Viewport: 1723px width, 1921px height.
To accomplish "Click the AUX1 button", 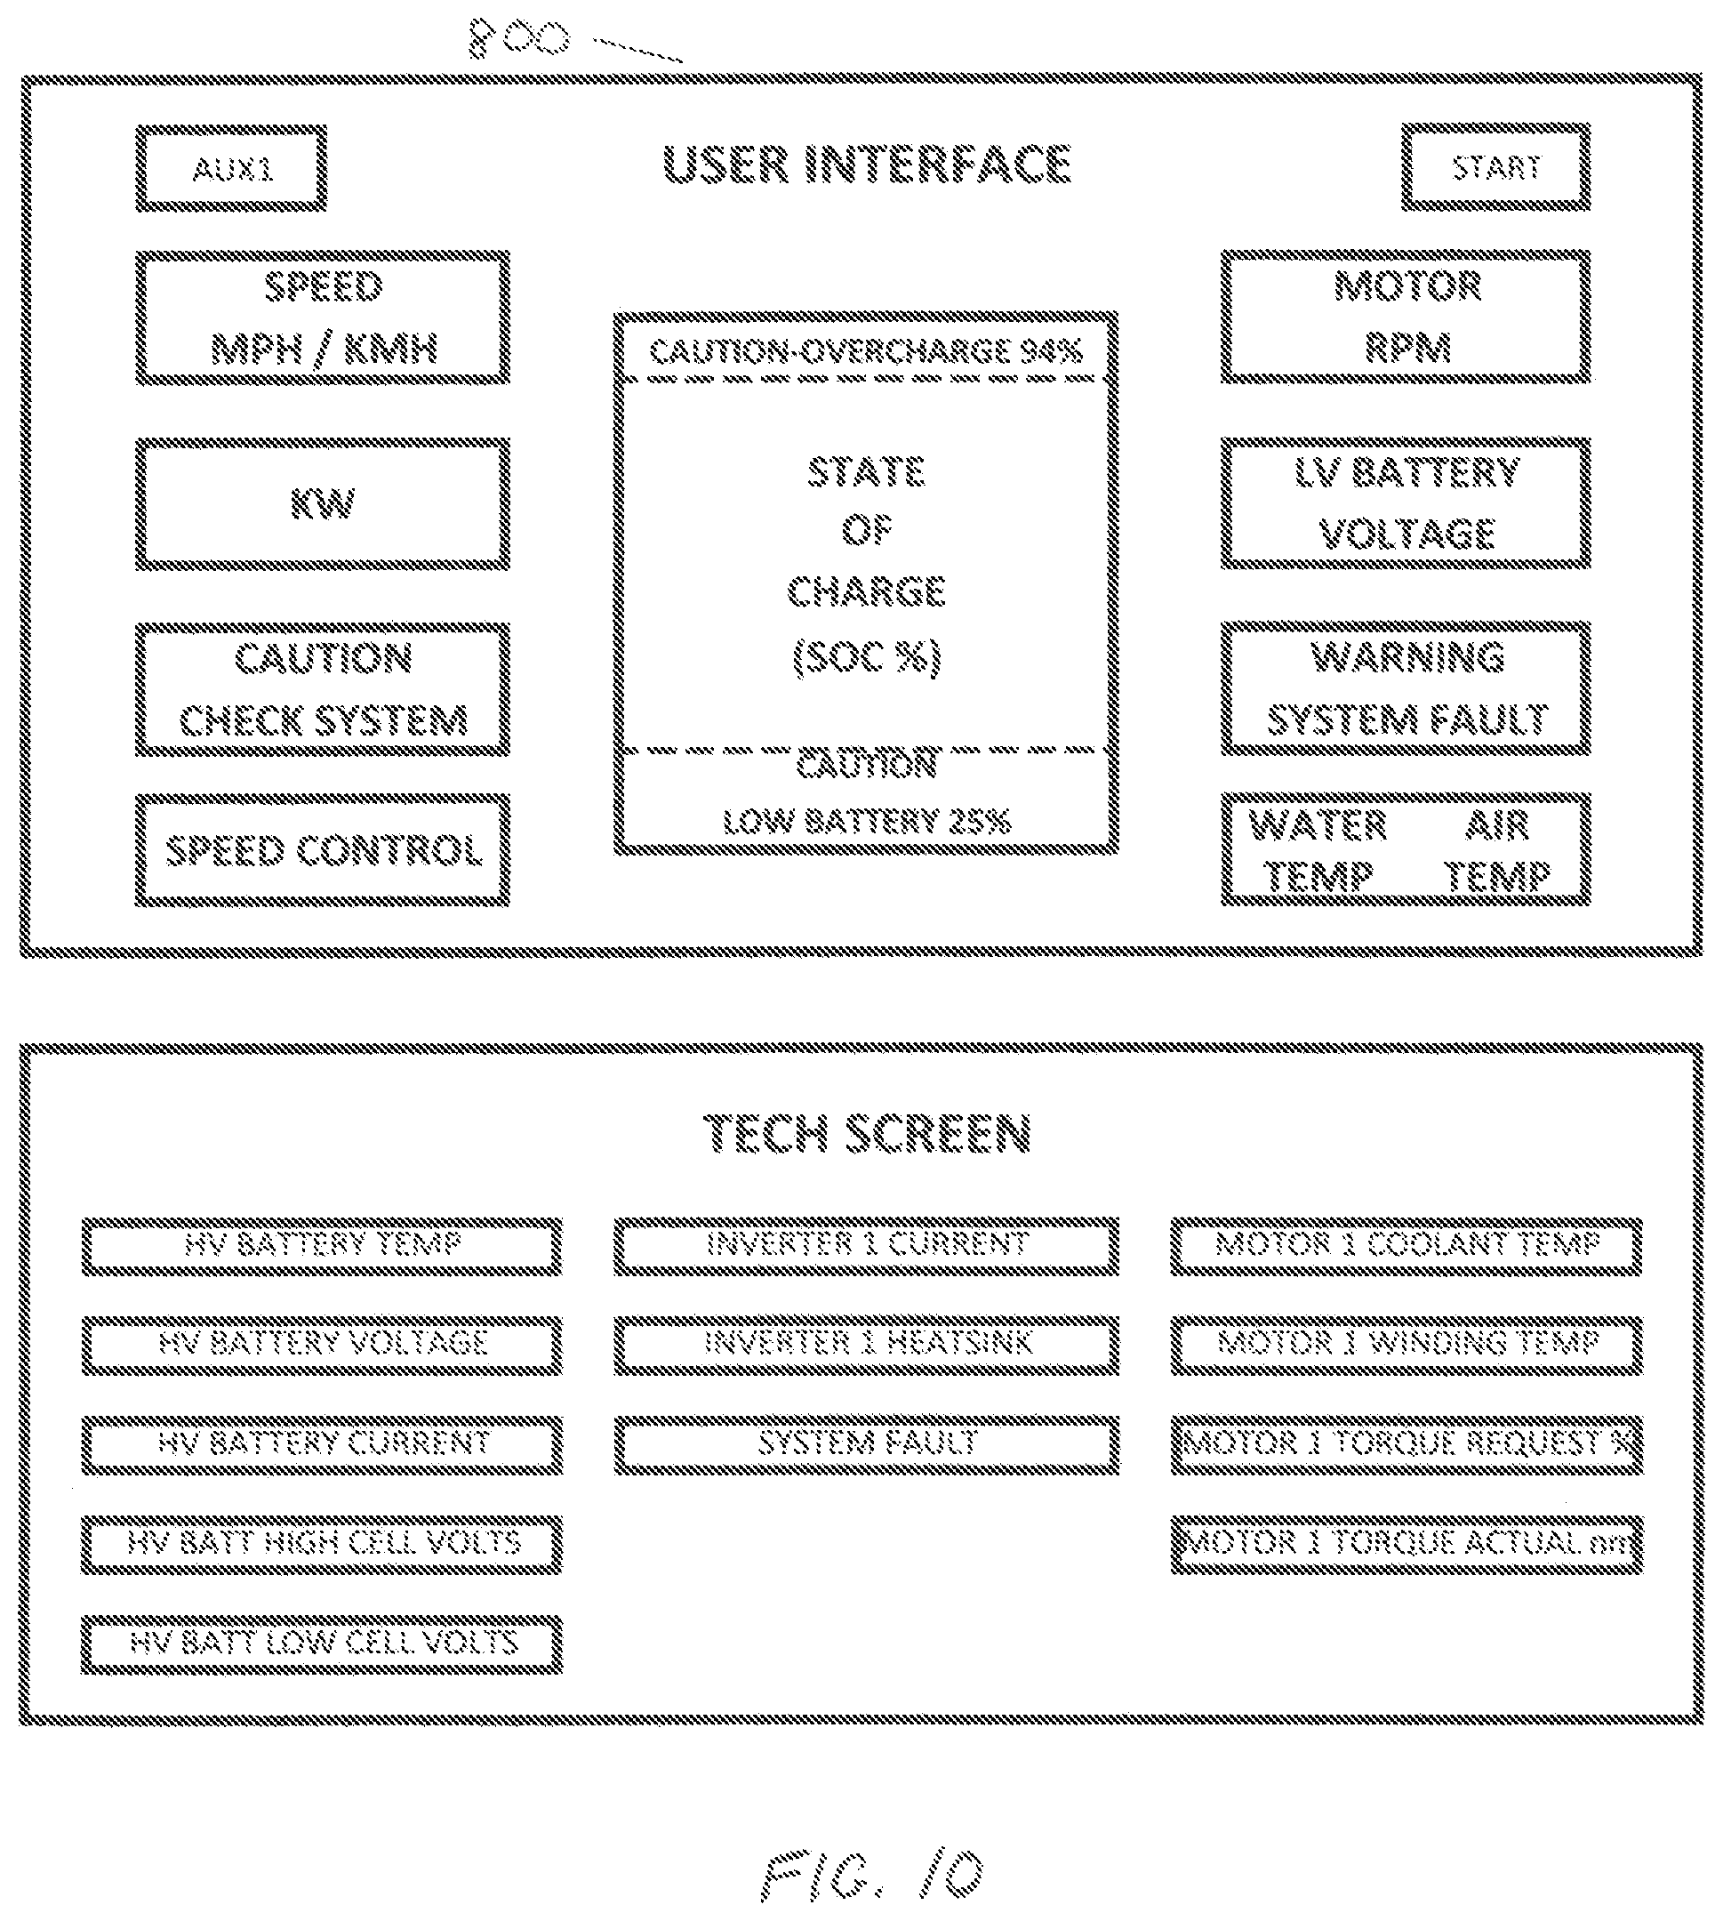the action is (232, 168).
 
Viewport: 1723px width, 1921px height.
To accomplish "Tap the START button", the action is (1495, 166).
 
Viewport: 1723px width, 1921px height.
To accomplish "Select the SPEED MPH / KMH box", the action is (323, 318).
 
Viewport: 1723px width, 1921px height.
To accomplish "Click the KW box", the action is (323, 503).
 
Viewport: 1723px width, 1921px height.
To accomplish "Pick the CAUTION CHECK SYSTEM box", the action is (323, 689).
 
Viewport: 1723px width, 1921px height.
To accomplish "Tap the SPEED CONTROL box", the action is (323, 850).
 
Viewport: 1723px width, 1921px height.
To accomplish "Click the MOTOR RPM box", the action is (1406, 317).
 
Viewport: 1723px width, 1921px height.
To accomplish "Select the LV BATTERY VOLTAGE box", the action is (1406, 502).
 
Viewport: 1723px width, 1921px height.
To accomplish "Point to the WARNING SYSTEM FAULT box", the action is (1406, 688).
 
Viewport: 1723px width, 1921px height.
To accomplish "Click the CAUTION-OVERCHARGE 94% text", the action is (865, 352).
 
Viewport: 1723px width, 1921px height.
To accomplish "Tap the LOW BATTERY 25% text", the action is (866, 821).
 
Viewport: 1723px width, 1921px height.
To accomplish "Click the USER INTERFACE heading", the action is (866, 165).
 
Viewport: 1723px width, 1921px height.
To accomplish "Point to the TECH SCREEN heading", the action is (867, 1133).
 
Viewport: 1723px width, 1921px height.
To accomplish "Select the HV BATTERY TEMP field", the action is (322, 1246).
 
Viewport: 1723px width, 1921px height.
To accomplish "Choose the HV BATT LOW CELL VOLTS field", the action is (322, 1644).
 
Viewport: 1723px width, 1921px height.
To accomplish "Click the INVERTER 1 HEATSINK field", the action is (866, 1345).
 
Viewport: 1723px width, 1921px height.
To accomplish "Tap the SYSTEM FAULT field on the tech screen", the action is (866, 1445).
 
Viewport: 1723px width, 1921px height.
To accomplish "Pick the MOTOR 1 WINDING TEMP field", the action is (1406, 1345).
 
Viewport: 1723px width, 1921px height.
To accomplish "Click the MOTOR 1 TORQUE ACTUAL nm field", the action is (1406, 1545).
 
